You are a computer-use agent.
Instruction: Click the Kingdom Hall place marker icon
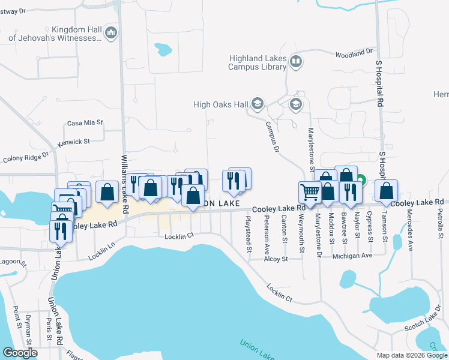110,33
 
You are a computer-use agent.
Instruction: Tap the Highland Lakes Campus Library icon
295,62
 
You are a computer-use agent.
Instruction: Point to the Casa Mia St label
85,123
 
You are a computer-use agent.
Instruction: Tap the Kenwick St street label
73,143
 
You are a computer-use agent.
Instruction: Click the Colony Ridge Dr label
25,158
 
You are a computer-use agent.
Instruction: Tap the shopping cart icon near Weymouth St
310,193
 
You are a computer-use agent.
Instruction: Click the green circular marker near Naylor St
361,179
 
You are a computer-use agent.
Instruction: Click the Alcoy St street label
276,259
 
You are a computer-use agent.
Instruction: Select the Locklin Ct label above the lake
179,236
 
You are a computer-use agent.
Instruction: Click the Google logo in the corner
20,353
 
